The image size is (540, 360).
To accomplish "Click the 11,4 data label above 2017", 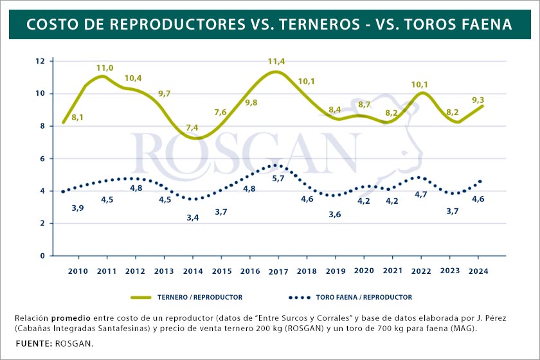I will (x=276, y=62).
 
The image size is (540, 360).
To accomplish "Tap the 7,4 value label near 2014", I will (x=192, y=128).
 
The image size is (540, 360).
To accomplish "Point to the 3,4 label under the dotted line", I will (x=192, y=218).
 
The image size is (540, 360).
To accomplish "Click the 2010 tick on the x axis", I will (x=77, y=271).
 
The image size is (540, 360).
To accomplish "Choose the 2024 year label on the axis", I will (x=478, y=271).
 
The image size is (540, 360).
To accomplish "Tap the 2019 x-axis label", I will (x=334, y=271).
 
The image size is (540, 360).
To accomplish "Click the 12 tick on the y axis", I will (x=40, y=61).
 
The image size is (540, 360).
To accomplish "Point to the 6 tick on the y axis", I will (x=42, y=159).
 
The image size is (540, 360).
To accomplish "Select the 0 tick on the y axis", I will (x=42, y=256).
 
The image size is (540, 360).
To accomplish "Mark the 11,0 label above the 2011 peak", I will (x=105, y=67).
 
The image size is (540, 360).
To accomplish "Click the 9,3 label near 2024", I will (x=478, y=100).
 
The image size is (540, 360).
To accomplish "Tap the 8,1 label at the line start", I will (x=78, y=117).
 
